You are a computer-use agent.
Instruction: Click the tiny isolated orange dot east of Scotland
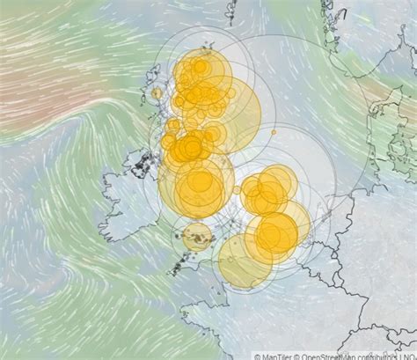274,132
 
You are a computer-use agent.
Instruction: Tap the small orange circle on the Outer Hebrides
157,92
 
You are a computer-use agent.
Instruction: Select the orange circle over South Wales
197,235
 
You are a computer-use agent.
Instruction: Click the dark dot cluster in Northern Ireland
141,164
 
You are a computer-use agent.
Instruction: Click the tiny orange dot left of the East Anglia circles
237,189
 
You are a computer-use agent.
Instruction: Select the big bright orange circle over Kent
276,234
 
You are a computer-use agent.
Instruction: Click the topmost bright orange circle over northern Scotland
201,66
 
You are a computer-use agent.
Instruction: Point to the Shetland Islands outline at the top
232,11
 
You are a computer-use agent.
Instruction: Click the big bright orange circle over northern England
201,184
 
